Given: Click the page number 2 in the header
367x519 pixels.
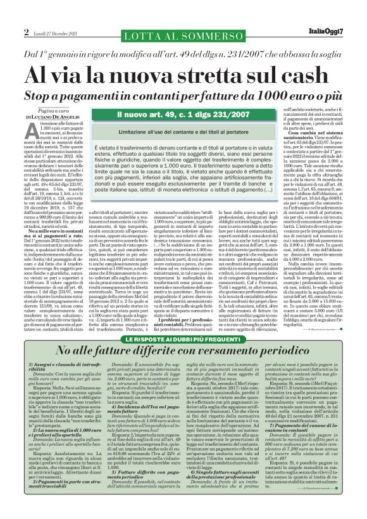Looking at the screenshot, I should coord(26,31).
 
